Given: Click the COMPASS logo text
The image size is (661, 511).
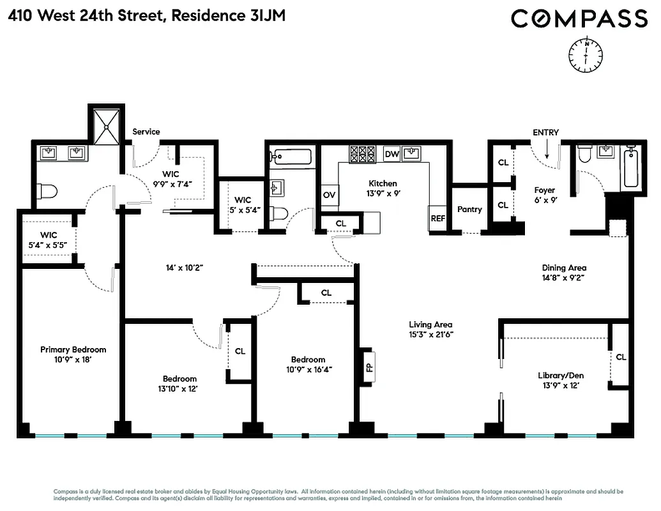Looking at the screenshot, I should (579, 19).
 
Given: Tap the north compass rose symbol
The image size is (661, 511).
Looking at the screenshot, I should (585, 54).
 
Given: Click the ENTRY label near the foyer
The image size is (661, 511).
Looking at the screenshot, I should (545, 133).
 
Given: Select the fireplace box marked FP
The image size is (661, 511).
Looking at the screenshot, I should (368, 367).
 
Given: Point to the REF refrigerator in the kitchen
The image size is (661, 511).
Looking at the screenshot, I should (437, 218).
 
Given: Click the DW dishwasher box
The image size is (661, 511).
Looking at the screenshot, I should (391, 154).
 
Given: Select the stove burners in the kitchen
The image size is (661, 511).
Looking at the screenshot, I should (362, 154).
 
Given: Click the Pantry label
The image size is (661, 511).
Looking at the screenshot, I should (469, 210).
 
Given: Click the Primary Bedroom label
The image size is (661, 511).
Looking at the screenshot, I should (73, 349).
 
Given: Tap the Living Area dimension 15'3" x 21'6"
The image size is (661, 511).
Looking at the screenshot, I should (431, 334).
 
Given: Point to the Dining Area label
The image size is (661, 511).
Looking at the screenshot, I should (564, 268).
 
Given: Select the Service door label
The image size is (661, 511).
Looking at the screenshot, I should (146, 132).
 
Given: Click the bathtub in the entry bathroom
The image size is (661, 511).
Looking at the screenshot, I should (630, 168).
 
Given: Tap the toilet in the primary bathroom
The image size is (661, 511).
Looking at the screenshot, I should (48, 191).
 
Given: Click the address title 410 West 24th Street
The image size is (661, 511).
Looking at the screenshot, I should (86, 15).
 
